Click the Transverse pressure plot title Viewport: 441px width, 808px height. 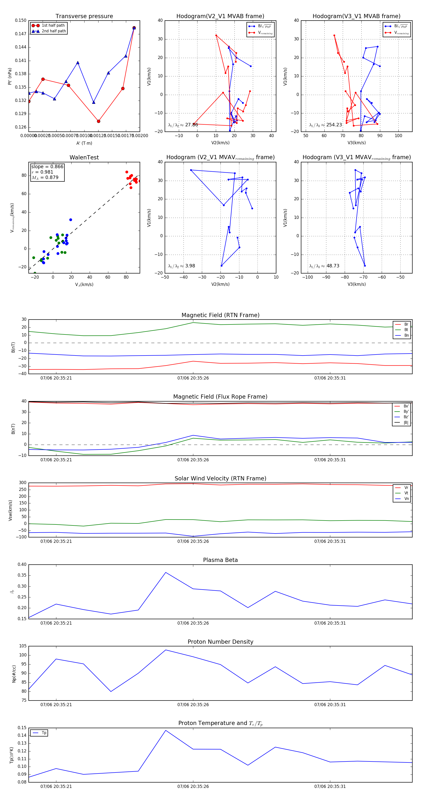tap(84, 16)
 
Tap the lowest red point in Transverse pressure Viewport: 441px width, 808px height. tap(98, 121)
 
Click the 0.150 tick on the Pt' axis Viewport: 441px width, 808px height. tap(21, 20)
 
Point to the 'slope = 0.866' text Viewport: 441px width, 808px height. tap(47, 166)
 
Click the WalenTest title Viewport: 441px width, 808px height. tap(84, 157)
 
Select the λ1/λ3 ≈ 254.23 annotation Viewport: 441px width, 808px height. tap(326, 125)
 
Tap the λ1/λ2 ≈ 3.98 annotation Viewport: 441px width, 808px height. tap(181, 266)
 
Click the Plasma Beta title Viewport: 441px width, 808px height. tap(220, 560)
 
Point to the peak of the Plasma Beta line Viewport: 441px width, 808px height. tap(166, 572)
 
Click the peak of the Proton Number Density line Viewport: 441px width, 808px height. tap(166, 650)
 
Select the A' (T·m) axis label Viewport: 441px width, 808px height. tap(84, 143)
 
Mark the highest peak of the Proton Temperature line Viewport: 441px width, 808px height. tap(166, 731)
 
